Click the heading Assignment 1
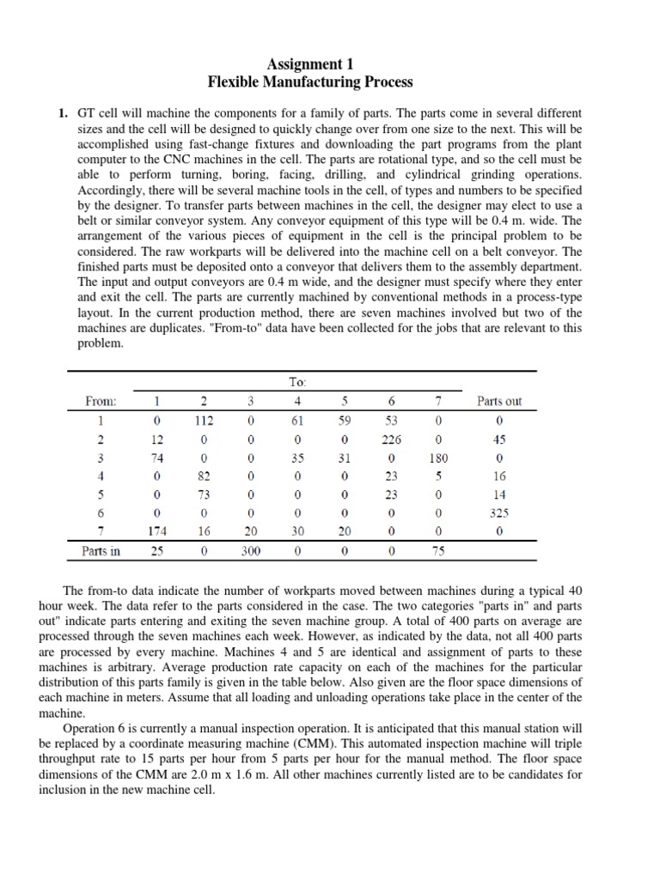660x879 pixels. (311, 64)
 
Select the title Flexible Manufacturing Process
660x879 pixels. (311, 82)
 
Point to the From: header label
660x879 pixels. (102, 401)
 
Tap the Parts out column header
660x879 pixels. (499, 401)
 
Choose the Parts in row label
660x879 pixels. (101, 551)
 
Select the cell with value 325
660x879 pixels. (499, 512)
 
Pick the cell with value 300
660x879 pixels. (250, 551)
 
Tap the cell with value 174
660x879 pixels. (156, 531)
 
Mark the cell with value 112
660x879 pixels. (203, 421)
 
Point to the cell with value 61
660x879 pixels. (296, 421)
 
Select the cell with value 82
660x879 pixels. (203, 476)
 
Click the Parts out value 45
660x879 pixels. (499, 439)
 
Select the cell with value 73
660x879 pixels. (203, 494)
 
